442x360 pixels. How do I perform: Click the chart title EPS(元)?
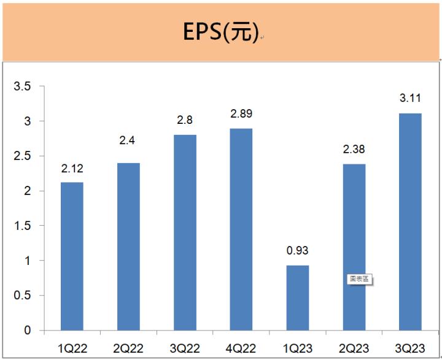pyautogui.click(x=220, y=31)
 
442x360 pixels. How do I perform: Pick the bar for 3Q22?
pyautogui.click(x=185, y=232)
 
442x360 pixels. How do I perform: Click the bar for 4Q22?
pyautogui.click(x=241, y=229)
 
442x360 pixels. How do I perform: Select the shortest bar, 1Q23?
pyautogui.click(x=298, y=298)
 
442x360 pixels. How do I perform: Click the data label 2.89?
pyautogui.click(x=241, y=114)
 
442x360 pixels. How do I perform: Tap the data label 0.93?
pyautogui.click(x=298, y=251)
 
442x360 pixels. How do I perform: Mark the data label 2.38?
pyautogui.click(x=354, y=150)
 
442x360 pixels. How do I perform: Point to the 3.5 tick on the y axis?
pyautogui.click(x=23, y=86)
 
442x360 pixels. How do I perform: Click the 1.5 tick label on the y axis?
pyautogui.click(x=23, y=226)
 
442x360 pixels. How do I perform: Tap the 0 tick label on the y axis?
pyautogui.click(x=27, y=331)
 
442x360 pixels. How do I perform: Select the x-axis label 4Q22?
pyautogui.click(x=241, y=348)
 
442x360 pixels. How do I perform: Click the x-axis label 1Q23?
pyautogui.click(x=298, y=348)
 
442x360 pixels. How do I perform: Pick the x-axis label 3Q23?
pyautogui.click(x=411, y=348)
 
